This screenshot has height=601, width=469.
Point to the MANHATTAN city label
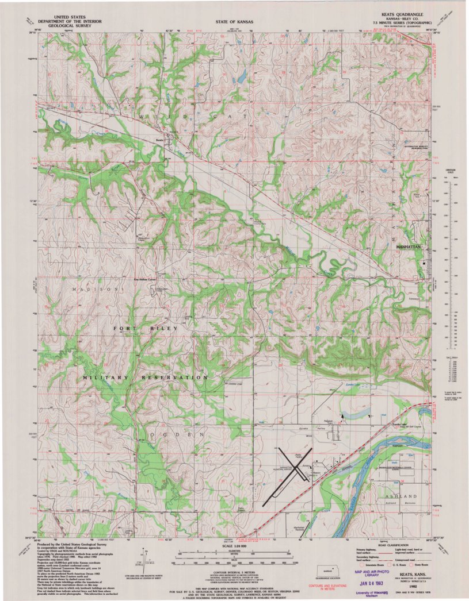tap(410, 246)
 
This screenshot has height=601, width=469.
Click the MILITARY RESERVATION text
tap(145, 377)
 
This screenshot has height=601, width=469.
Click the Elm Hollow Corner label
tap(145, 280)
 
